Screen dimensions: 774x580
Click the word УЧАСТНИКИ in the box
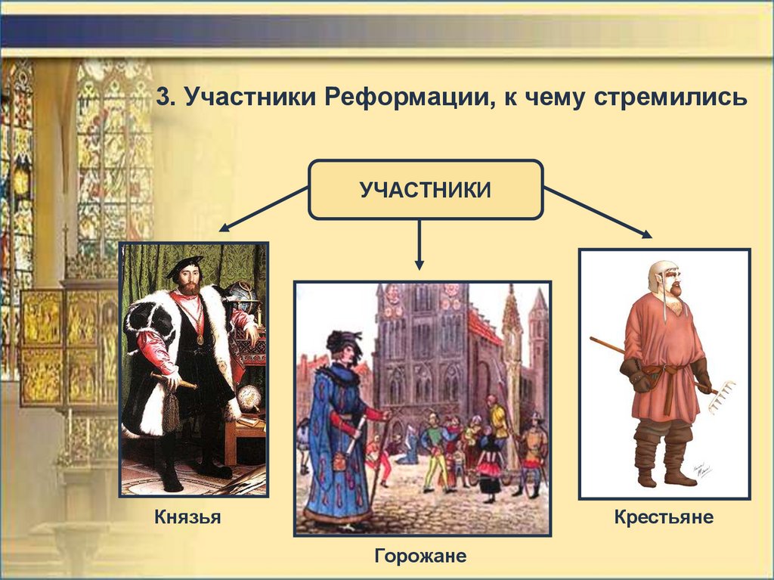click(425, 190)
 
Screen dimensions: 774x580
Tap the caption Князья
click(187, 516)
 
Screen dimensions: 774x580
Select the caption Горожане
click(420, 556)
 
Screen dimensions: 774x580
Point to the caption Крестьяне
click(664, 516)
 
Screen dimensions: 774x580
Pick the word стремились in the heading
click(670, 98)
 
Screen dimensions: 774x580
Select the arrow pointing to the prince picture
click(264, 209)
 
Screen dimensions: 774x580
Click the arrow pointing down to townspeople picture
click(419, 244)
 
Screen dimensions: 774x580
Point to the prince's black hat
click(184, 265)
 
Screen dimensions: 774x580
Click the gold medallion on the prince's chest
click(200, 340)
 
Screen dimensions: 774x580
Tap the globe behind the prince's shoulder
click(243, 293)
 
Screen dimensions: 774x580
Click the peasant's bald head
click(660, 271)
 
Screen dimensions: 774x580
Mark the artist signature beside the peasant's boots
click(701, 470)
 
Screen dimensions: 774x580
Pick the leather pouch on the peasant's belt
click(651, 374)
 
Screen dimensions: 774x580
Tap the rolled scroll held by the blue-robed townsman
click(355, 435)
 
